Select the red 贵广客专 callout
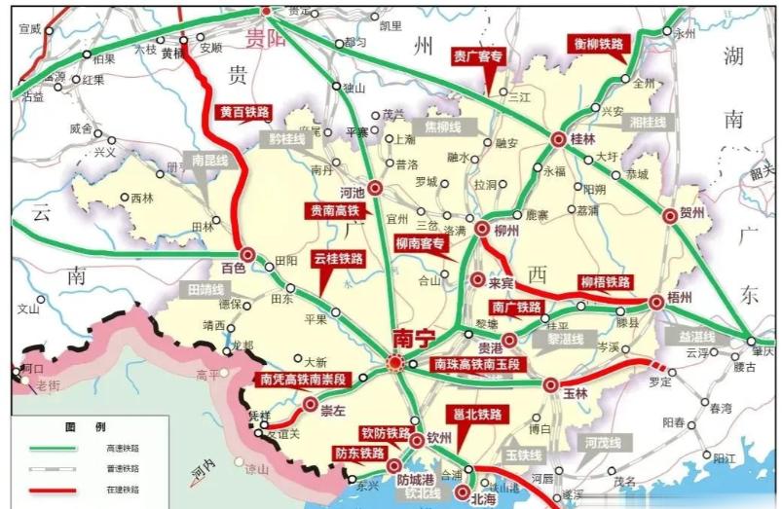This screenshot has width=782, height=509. point(478,57)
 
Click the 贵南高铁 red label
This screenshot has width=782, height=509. point(335,210)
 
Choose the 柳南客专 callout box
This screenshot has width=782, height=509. point(424,243)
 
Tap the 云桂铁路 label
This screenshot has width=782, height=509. point(338,260)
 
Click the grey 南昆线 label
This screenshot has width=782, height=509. point(211,160)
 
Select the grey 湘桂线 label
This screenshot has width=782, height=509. point(647,123)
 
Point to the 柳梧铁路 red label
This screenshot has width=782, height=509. point(606,282)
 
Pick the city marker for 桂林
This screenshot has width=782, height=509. point(558,139)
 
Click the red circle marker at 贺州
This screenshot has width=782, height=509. point(670,217)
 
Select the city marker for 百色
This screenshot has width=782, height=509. point(247,255)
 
